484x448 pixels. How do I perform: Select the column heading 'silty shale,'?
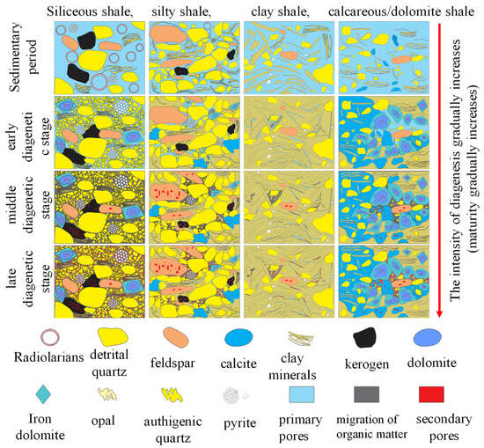pos(188,10)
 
